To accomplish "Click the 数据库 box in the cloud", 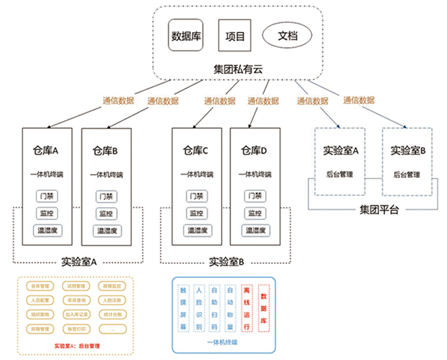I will [186, 36].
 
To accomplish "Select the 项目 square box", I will [235, 36].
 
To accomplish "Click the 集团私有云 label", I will [236, 68].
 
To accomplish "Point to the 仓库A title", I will [46, 150].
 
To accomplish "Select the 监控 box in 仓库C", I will [196, 213].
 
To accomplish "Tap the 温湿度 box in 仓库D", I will [255, 230].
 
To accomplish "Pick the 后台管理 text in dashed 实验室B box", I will [408, 175].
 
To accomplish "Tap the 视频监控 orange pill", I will [113, 287].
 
